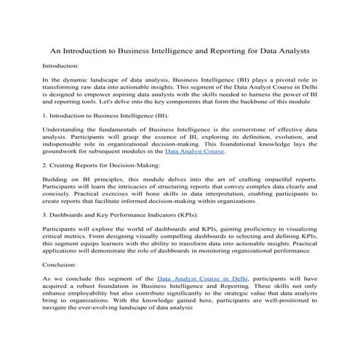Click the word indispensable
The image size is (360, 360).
[x=63, y=144]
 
